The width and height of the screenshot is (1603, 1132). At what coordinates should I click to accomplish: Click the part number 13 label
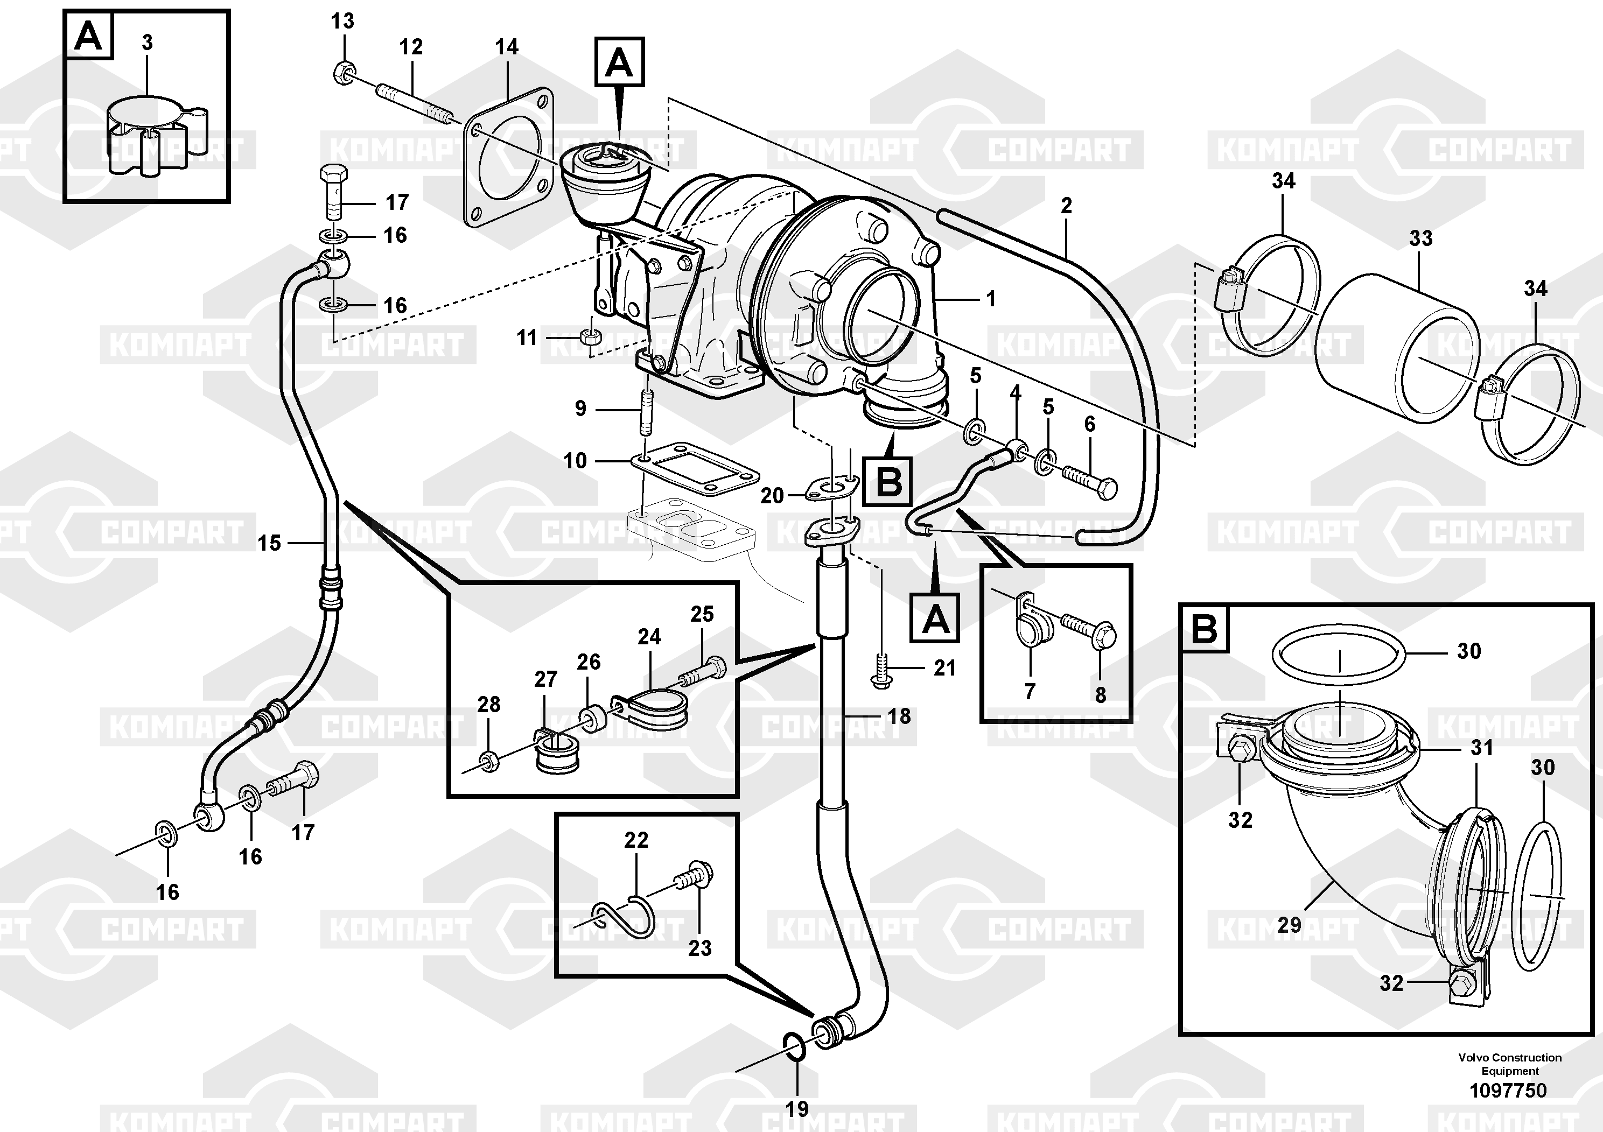(x=342, y=22)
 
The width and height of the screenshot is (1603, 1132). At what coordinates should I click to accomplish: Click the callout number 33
(x=1420, y=238)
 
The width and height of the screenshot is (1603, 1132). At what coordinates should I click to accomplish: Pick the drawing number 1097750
(x=1509, y=1090)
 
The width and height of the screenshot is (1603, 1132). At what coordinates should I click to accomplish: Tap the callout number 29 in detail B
(x=1289, y=925)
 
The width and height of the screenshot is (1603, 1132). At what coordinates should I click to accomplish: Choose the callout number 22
(x=636, y=840)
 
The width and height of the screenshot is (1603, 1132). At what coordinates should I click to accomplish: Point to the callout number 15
(x=269, y=543)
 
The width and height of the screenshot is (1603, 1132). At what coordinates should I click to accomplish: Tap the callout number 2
(x=1066, y=206)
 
